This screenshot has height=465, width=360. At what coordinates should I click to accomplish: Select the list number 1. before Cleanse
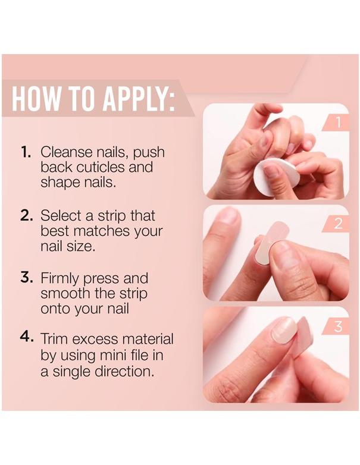pyautogui.click(x=27, y=152)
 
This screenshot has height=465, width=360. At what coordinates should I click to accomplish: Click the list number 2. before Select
pyautogui.click(x=27, y=215)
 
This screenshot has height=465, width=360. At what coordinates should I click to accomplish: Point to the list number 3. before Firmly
pyautogui.click(x=27, y=278)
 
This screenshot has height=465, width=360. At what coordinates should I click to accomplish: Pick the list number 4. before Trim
pyautogui.click(x=27, y=339)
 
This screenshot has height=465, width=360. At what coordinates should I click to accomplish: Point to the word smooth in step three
pyautogui.click(x=63, y=294)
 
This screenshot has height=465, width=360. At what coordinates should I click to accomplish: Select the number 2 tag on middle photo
pyautogui.click(x=338, y=224)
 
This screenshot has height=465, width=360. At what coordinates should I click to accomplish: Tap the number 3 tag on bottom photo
pyautogui.click(x=338, y=326)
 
